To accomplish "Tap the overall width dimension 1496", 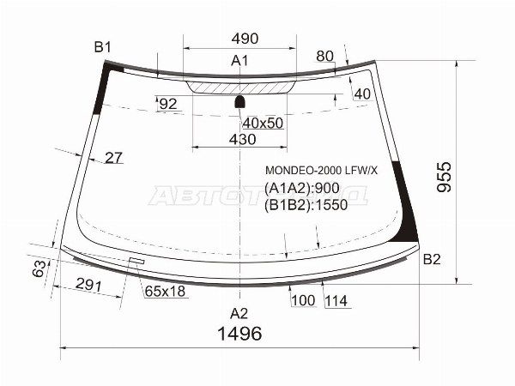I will point(239,334).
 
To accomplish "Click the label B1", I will point(103,47).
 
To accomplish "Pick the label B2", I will point(432,259).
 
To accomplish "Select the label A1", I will point(239,61).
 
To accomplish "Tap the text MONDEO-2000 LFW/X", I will point(320,171).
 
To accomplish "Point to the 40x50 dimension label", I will point(263,123).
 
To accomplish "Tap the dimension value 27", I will point(113,157).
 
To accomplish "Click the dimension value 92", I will point(167,105).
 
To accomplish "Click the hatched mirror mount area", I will point(239,87).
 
